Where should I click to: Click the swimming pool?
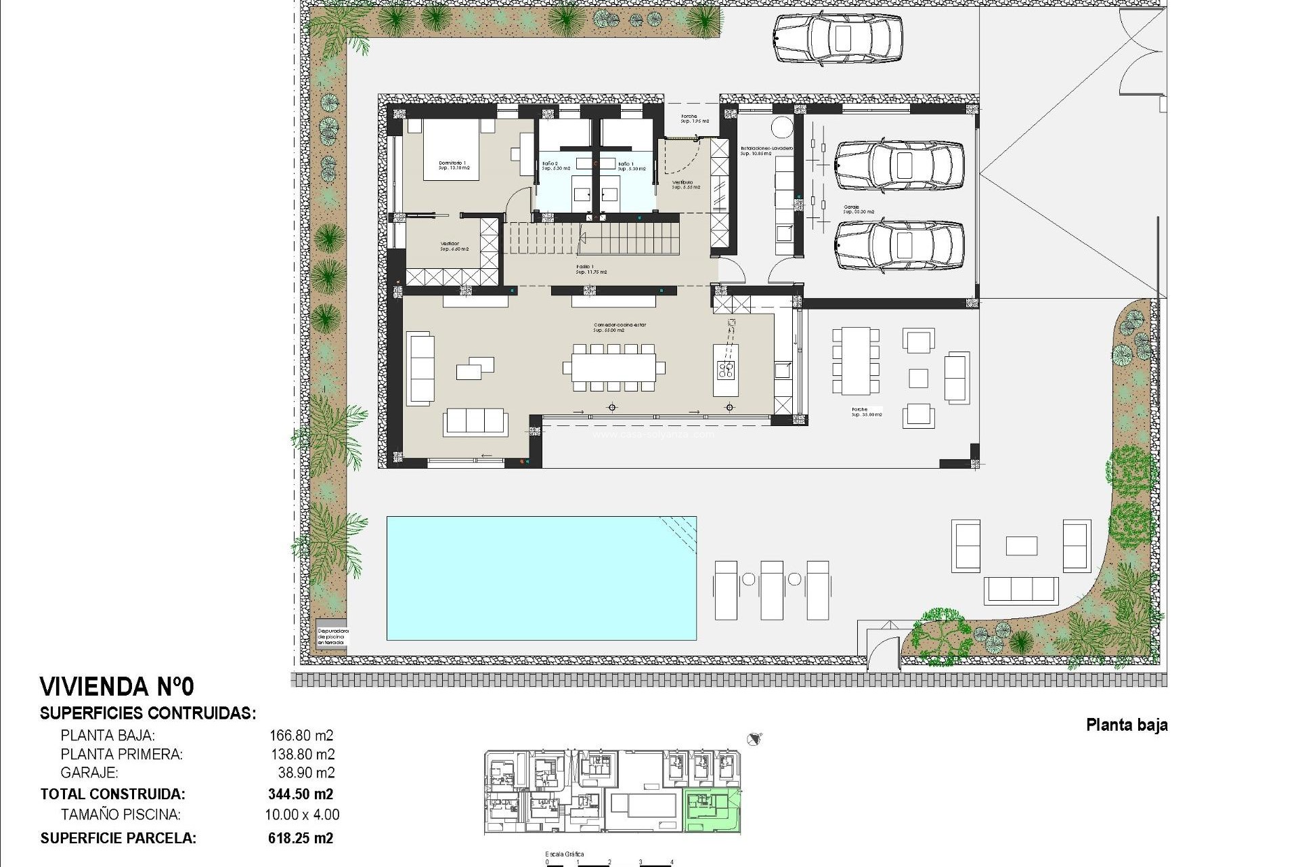541,578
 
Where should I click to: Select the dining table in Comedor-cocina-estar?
614,368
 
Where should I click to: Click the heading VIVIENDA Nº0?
117,686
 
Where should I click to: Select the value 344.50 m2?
301,794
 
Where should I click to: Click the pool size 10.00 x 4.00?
302,815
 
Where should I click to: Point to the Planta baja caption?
1127,725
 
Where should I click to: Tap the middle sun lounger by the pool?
771,589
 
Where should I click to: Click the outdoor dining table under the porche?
856,361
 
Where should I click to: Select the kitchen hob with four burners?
726,369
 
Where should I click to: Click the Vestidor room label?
450,245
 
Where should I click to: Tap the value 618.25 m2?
301,838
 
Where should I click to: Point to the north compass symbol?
755,739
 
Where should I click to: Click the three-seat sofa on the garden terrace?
1020,590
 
